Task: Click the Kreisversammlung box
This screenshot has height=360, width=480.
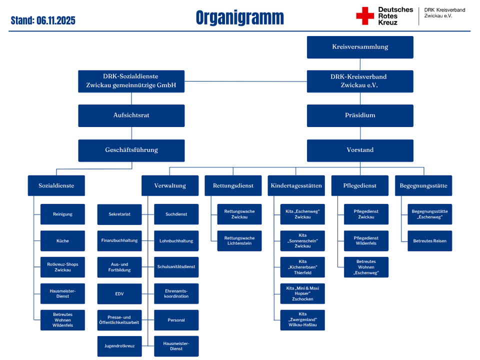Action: [x=360, y=47]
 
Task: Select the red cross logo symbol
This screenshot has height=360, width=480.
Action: [x=364, y=16]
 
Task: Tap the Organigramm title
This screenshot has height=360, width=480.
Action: [x=239, y=18]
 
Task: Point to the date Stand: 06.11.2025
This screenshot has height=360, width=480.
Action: [x=43, y=21]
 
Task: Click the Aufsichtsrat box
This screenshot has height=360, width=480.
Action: [x=131, y=115]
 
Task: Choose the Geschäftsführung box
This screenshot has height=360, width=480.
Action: [x=131, y=150]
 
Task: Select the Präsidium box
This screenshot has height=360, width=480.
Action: [x=360, y=115]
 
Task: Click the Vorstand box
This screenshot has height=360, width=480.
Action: [x=360, y=150]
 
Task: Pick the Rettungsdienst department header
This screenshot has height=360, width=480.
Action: [x=233, y=185]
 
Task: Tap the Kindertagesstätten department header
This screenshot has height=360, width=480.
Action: [x=296, y=185]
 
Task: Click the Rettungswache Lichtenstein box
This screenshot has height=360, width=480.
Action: [x=239, y=241]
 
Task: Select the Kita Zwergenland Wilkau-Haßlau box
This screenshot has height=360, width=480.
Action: [x=302, y=320]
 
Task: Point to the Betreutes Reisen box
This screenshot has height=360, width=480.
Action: [x=429, y=241]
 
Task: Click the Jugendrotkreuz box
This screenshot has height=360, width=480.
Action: [x=119, y=346]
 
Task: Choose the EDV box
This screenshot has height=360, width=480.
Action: [x=119, y=293]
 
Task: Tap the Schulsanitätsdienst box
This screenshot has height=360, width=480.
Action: [x=176, y=267]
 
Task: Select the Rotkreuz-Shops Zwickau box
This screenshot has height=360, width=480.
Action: [x=62, y=267]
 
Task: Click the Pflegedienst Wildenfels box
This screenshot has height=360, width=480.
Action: [x=366, y=241]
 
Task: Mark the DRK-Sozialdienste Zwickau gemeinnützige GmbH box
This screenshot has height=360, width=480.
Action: [x=131, y=81]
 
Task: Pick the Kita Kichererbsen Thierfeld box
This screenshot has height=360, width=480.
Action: [x=302, y=267]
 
